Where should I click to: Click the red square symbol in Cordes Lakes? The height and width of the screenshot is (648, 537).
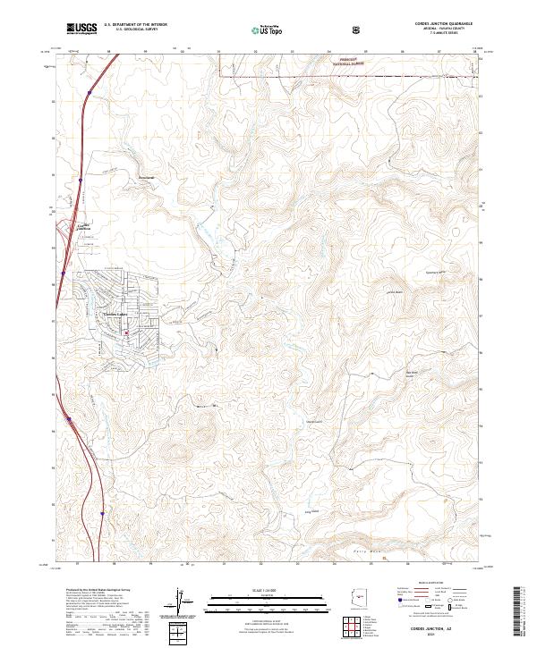coord(126,333)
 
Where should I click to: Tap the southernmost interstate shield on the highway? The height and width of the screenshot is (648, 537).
coord(103,514)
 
